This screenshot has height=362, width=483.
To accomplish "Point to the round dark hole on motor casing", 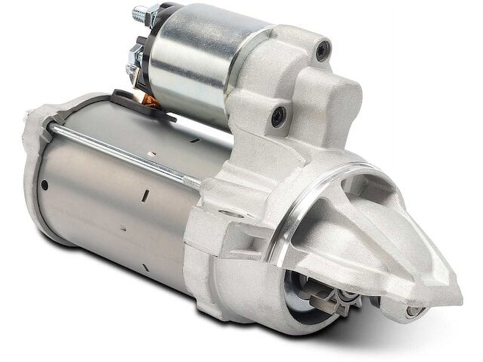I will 45,184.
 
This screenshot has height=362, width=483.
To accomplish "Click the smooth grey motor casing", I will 113,211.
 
